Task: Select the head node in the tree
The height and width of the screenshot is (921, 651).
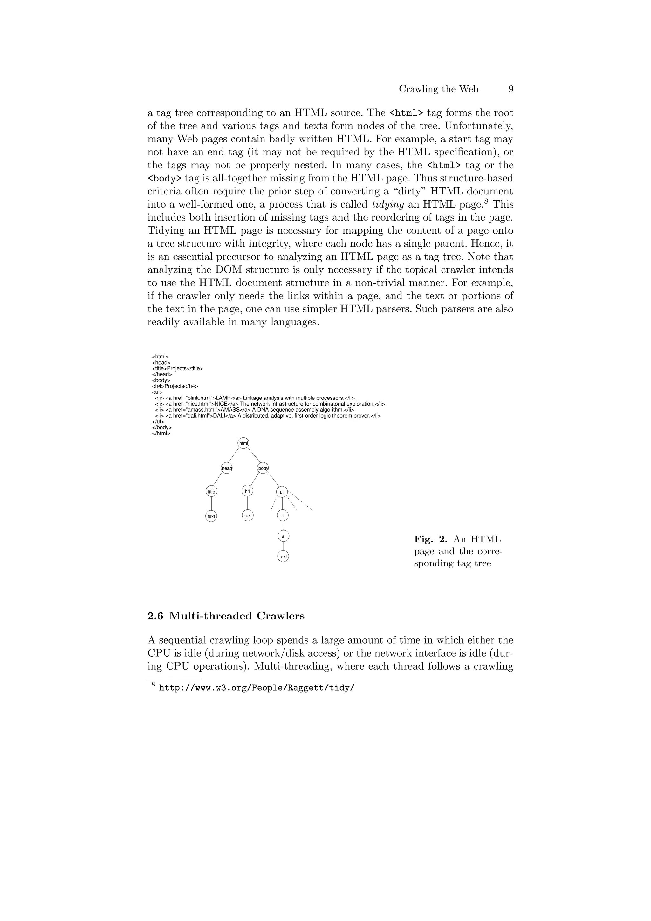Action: click(x=227, y=468)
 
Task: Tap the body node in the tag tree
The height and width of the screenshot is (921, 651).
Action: click(x=263, y=468)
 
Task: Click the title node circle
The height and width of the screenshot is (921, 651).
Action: click(x=211, y=491)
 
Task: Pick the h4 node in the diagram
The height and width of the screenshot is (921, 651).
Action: click(x=248, y=491)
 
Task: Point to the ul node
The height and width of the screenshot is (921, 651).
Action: click(x=282, y=492)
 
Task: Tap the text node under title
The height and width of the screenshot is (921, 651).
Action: click(x=211, y=516)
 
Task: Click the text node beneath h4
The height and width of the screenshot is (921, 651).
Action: click(x=248, y=515)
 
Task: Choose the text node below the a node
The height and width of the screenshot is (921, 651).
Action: click(x=283, y=556)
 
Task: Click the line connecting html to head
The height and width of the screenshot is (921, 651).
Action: click(x=234, y=455)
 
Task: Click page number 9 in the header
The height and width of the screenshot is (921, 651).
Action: click(x=511, y=89)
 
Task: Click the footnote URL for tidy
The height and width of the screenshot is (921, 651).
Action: click(x=257, y=688)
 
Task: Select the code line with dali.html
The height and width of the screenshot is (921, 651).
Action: click(x=268, y=416)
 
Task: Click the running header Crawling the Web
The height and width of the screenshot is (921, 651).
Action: click(x=438, y=89)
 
